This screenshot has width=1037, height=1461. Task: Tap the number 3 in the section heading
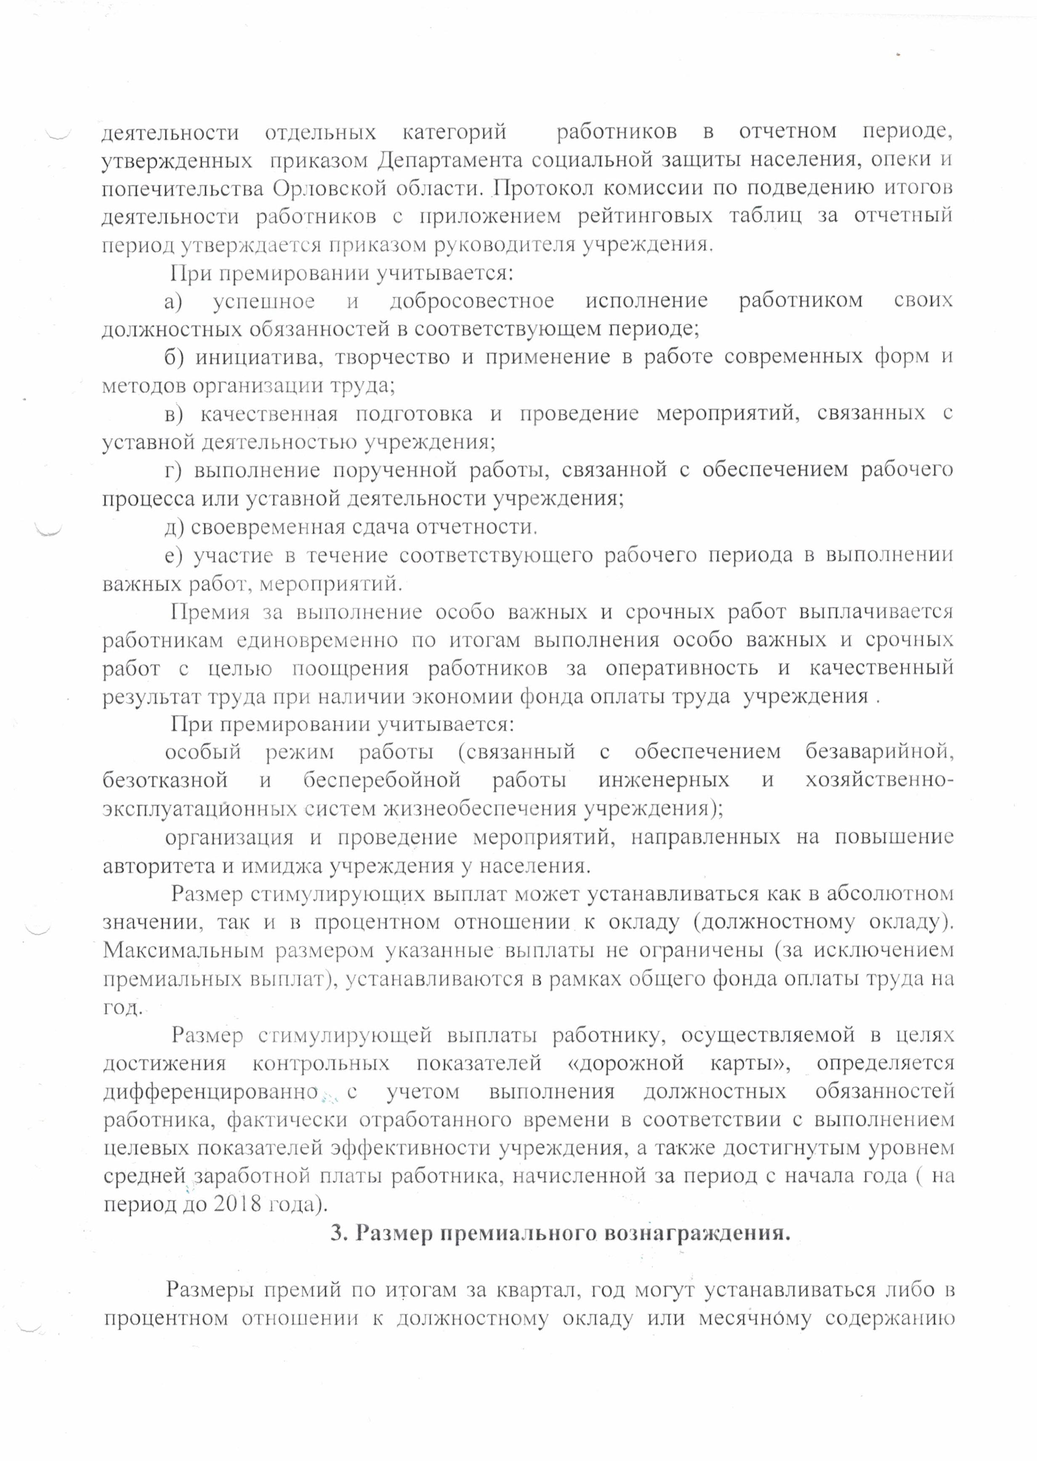337,1234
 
